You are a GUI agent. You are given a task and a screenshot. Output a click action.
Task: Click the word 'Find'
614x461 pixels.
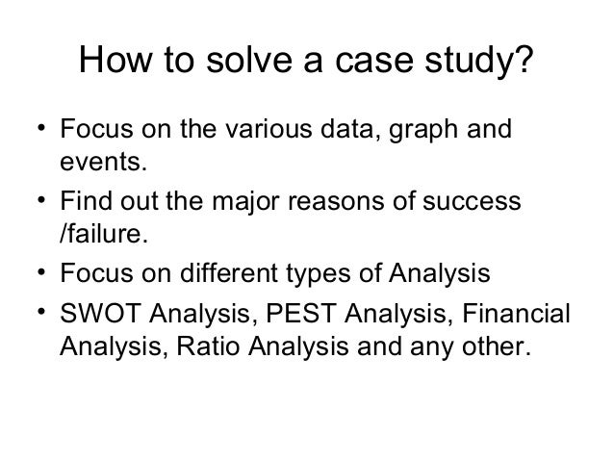pos(85,204)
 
